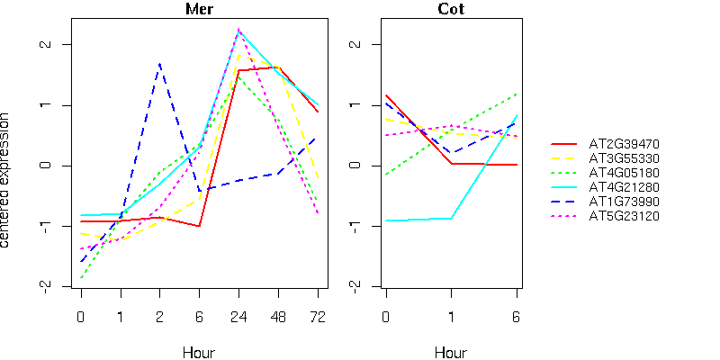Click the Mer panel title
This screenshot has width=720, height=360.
coord(199,10)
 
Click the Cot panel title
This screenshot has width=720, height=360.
coord(451,10)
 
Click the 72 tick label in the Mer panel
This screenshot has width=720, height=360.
coord(318,316)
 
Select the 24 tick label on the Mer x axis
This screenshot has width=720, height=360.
coord(238,316)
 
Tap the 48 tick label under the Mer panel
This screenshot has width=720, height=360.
coord(278,316)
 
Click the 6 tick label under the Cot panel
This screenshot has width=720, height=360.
coord(517,316)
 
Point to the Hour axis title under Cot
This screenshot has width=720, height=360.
coord(451,352)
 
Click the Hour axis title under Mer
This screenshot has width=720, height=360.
coord(199,352)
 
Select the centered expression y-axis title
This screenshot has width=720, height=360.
coord(7,180)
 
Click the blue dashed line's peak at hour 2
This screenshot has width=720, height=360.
coord(159,64)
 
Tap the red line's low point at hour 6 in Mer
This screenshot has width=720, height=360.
coord(199,226)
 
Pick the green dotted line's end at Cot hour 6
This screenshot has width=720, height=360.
coord(517,94)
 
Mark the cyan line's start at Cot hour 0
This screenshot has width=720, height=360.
coord(386,220)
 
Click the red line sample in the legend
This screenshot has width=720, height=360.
coord(563,143)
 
